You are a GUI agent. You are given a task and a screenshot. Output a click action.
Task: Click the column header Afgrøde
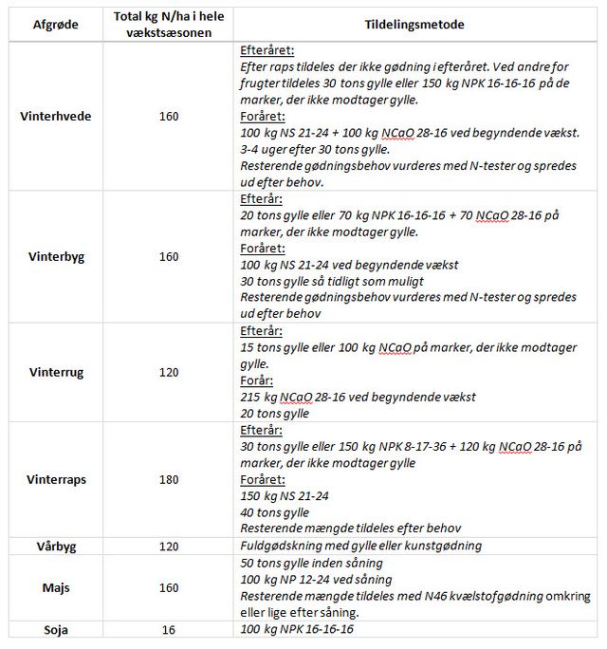pyautogui.click(x=56, y=26)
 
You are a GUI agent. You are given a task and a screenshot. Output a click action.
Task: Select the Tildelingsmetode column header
pyautogui.click(x=416, y=26)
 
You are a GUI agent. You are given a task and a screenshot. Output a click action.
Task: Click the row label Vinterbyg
pyautogui.click(x=56, y=257)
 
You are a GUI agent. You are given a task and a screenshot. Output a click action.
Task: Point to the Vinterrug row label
pyautogui.click(x=56, y=373)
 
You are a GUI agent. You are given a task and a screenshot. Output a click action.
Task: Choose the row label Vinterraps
pyautogui.click(x=56, y=480)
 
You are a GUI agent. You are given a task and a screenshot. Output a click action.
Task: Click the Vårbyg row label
pyautogui.click(x=56, y=546)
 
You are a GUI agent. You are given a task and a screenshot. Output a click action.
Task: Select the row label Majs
pyautogui.click(x=56, y=587)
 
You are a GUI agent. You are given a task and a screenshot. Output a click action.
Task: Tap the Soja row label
pyautogui.click(x=56, y=629)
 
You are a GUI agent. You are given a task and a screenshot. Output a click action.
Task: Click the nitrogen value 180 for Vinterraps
pyautogui.click(x=169, y=480)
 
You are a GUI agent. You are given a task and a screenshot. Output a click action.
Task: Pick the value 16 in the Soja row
pyautogui.click(x=169, y=629)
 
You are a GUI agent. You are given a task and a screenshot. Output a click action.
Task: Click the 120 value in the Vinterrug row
pyautogui.click(x=169, y=373)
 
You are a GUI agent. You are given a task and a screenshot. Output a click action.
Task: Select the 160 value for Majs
pyautogui.click(x=169, y=587)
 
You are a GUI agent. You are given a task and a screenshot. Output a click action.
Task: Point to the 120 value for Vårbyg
pyautogui.click(x=169, y=546)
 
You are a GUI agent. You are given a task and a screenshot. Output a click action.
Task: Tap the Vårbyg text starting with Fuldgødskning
pyautogui.click(x=360, y=546)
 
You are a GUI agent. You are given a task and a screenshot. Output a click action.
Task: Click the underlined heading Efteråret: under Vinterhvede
pyautogui.click(x=267, y=51)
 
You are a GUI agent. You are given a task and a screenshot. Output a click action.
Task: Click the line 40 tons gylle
pyautogui.click(x=275, y=512)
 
